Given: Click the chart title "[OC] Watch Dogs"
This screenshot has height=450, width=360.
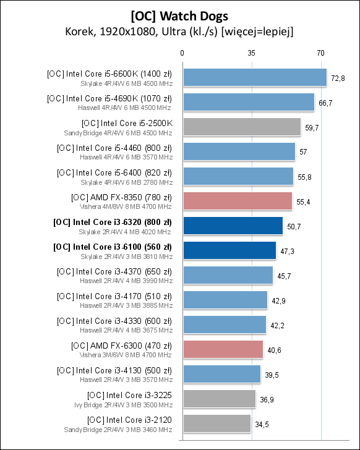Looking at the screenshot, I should point(179,15).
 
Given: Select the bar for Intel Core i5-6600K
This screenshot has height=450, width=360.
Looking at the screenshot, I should point(254,77).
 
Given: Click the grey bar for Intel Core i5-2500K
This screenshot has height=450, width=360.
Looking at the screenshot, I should point(241,127).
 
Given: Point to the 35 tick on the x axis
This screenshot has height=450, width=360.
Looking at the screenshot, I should point(251,54).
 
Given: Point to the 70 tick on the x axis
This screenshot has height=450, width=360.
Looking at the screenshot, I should point(320,54).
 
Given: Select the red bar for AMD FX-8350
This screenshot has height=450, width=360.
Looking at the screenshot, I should point(237,201).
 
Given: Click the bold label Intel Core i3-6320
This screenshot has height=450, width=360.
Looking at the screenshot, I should point(113,222).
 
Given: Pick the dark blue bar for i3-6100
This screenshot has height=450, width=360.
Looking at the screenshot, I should point(229,250).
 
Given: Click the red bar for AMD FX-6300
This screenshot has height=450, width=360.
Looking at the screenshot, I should point(223,349).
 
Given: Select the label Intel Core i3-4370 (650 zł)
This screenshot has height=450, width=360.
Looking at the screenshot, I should point(114,271).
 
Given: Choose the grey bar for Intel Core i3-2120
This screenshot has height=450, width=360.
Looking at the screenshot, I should point(216,423).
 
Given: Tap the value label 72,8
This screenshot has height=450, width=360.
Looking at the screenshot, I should point(338,78).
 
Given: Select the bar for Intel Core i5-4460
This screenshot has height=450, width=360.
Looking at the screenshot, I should point(239,151).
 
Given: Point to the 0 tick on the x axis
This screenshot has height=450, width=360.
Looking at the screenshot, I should point(182,54).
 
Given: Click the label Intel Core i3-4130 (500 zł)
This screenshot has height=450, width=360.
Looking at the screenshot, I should point(114,370).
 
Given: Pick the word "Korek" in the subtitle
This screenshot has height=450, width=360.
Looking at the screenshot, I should point(78,31).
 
